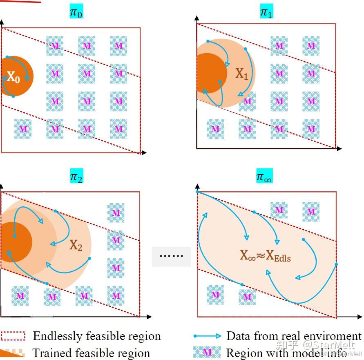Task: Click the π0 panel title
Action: [x=76, y=13]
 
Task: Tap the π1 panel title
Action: [x=266, y=13]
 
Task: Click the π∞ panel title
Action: [x=264, y=177]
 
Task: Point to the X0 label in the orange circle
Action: [x=13, y=77]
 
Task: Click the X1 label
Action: [x=241, y=74]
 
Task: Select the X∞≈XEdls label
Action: [x=266, y=256]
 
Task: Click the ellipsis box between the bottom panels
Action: [x=171, y=257]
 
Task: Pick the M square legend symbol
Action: [x=207, y=352]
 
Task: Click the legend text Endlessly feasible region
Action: [x=97, y=336]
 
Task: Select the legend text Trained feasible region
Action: [x=91, y=353]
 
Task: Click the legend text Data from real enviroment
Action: [x=294, y=336]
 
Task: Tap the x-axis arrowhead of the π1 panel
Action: [x=340, y=149]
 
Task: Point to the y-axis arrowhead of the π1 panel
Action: [x=197, y=18]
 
